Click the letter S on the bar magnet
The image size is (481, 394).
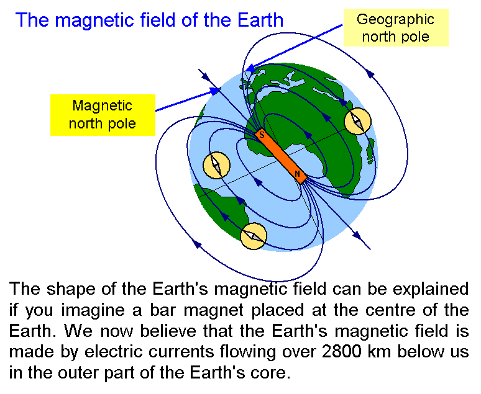262,134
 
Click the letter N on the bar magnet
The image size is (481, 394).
297,174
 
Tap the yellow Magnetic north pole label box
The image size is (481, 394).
103,115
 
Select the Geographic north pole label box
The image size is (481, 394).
396,27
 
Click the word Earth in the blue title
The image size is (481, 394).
260,20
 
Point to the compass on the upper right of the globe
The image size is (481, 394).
358,121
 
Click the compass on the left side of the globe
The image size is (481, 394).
216,165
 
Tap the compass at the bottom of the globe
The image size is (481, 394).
254,236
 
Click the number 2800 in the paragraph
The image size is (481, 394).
341,351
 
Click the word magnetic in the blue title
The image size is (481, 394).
94,21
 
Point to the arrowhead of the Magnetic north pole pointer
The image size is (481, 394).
216,91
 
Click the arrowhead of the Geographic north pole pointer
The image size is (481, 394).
252,68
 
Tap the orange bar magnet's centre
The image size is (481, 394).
281,156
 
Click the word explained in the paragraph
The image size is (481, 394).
431,290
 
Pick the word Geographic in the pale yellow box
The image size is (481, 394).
395,20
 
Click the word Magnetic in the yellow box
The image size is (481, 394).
102,106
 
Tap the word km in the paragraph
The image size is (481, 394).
379,351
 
